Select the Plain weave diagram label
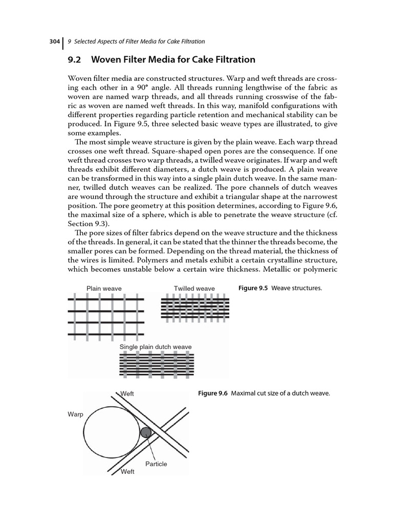pyautogui.click(x=104, y=289)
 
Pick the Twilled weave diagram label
pyautogui.click(x=194, y=289)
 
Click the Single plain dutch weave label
pyautogui.click(x=156, y=347)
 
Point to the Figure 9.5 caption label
pyautogui.click(x=253, y=288)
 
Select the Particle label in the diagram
pyautogui.click(x=156, y=464)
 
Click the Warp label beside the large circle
pyautogui.click(x=75, y=413)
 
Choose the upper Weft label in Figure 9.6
pyautogui.click(x=127, y=394)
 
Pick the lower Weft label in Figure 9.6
pyautogui.click(x=127, y=472)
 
